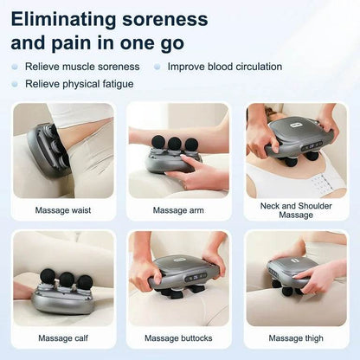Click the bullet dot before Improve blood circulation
(157, 66)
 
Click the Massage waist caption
(62, 209)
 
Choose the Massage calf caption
(62, 337)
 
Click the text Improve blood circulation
(226, 66)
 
